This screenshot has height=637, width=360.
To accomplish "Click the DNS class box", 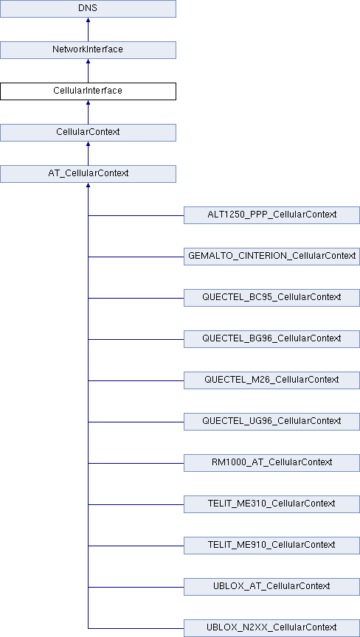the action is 88,9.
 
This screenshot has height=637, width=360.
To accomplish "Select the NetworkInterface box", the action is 88,50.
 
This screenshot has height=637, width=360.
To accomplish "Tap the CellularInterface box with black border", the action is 88,91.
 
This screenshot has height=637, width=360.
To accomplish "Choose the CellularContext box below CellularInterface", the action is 88,133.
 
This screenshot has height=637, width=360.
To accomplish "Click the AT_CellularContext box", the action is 88,173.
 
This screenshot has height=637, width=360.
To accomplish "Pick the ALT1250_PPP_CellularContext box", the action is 271,215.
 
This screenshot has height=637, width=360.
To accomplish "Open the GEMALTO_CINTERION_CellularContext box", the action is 271,257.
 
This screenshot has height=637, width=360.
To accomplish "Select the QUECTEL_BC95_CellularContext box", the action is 271,297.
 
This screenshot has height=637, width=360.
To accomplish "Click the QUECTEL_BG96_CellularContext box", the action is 271,339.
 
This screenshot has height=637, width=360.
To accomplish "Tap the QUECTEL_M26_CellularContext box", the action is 271,380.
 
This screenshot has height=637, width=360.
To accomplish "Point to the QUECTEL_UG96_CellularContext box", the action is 271,421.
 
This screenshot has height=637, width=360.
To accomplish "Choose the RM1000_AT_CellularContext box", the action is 271,463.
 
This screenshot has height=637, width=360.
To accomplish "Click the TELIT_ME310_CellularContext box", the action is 271,504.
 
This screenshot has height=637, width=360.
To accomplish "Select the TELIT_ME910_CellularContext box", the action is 271,545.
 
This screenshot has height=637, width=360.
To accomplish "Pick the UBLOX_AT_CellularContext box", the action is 271,587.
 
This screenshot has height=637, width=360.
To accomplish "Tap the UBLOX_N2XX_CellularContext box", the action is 271,628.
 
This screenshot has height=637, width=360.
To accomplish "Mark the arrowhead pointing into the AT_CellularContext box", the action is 88,185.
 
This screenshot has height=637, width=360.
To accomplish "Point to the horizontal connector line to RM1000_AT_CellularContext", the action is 136,463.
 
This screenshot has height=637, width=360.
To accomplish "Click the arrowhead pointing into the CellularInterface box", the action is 88,102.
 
